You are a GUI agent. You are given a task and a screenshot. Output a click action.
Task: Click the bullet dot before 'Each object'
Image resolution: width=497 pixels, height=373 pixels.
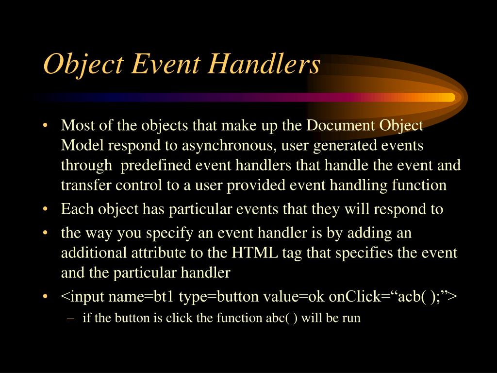click(45, 210)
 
